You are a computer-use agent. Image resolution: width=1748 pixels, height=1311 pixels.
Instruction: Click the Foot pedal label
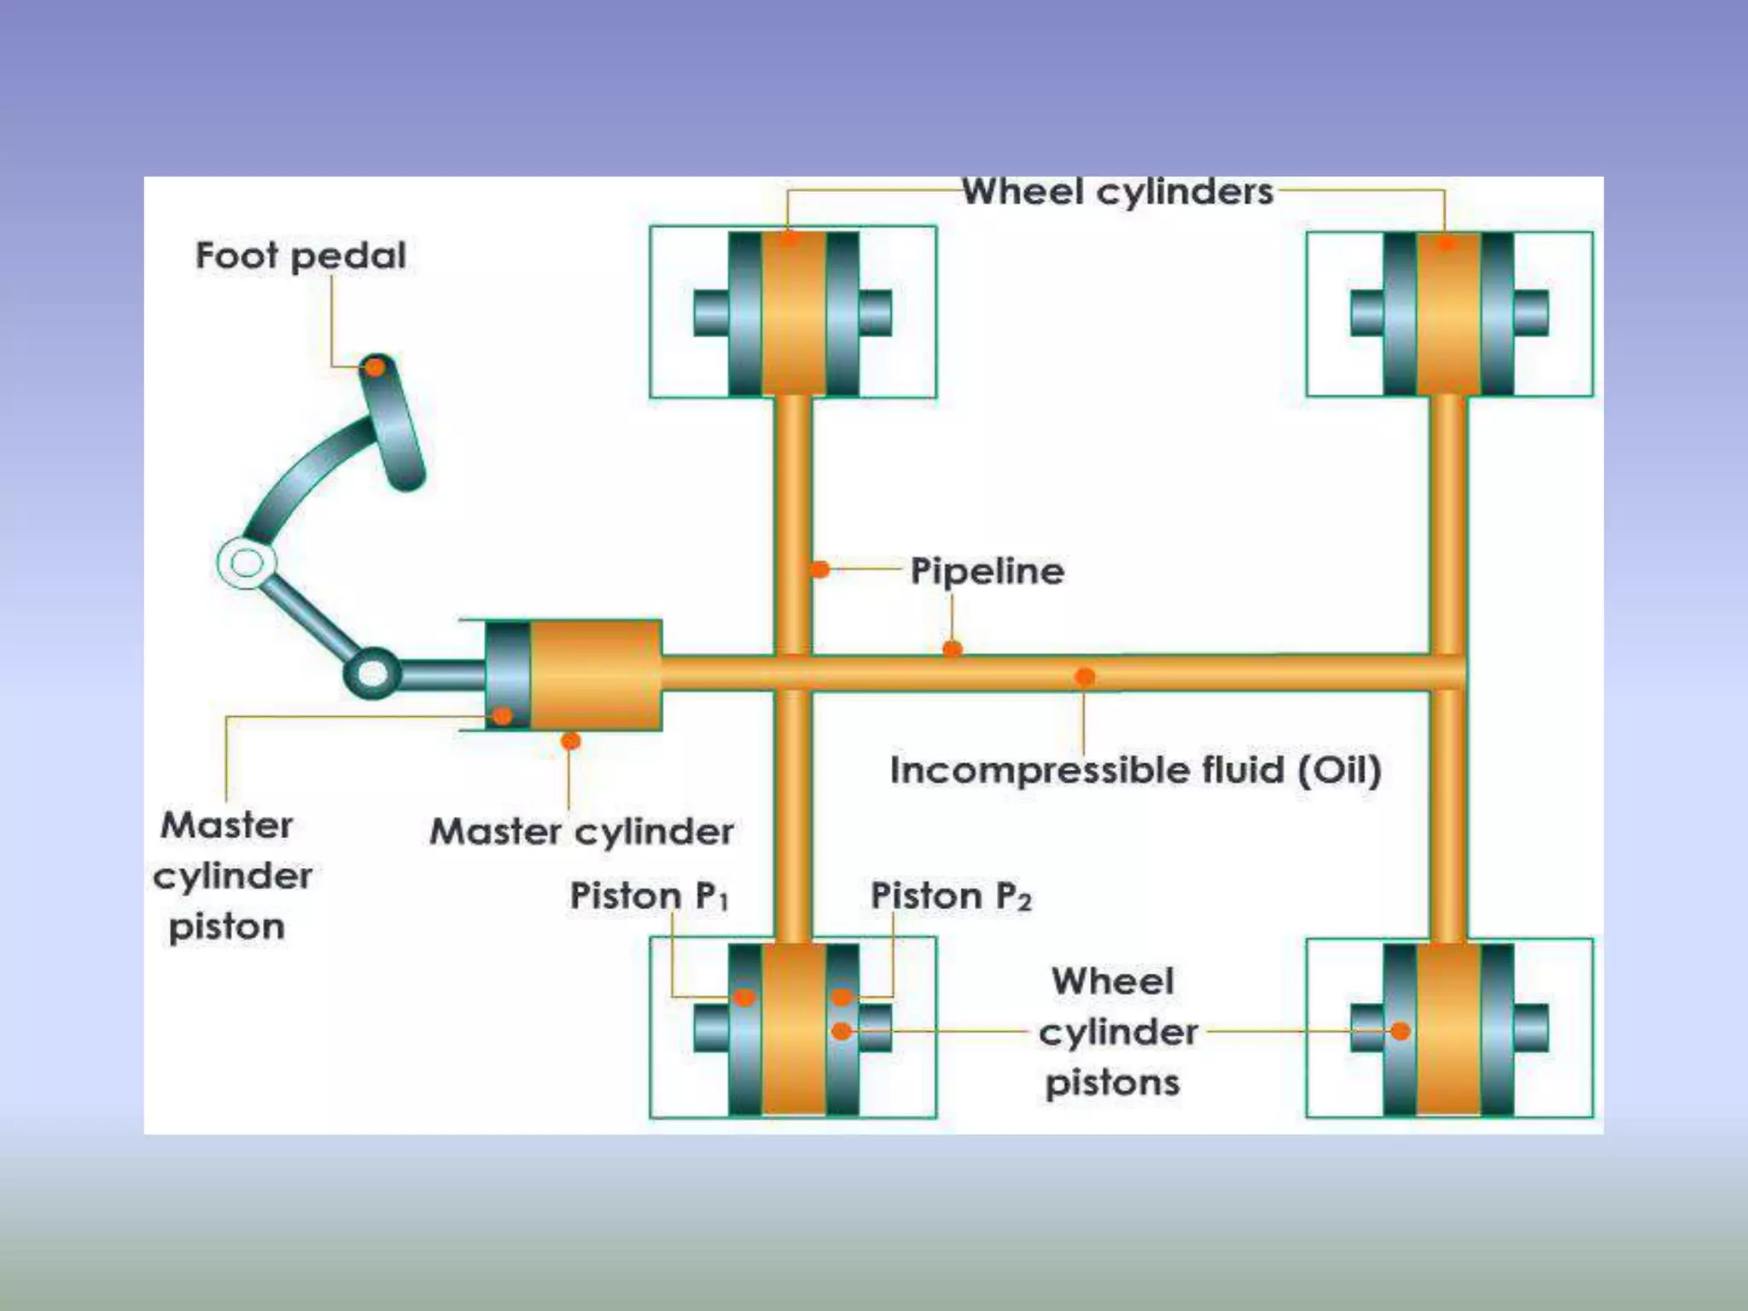pos(300,255)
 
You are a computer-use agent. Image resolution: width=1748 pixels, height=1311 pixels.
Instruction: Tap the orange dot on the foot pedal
pos(375,367)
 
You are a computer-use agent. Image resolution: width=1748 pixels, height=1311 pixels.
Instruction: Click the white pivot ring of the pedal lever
pos(247,563)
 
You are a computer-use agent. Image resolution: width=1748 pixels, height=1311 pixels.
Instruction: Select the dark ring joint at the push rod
pos(372,673)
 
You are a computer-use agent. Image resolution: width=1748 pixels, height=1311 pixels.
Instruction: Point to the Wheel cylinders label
pos(1117,191)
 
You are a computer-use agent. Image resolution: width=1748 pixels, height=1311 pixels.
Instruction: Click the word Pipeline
pos(988,570)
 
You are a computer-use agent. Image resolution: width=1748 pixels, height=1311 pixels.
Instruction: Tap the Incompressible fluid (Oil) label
pos(1135,769)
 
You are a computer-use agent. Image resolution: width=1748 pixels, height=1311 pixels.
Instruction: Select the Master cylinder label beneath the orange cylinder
pos(581,830)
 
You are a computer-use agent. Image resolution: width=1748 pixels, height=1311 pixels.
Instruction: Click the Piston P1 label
pos(650,895)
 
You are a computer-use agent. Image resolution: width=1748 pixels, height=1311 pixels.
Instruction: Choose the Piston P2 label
pos(951,895)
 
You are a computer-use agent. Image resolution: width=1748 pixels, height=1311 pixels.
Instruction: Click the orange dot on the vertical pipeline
pos(819,568)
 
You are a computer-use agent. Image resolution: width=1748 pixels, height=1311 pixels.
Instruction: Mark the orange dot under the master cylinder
pos(571,741)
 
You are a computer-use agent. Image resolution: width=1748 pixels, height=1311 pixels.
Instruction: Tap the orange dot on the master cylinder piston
pos(503,715)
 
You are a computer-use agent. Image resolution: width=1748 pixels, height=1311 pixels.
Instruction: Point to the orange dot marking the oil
pos(1084,677)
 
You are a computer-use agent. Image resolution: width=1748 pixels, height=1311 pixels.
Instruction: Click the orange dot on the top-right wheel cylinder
pos(1445,243)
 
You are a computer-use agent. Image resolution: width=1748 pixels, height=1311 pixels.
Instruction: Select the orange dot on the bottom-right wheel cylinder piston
pos(1400,1031)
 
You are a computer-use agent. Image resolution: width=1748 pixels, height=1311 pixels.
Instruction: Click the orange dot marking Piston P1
pos(744,997)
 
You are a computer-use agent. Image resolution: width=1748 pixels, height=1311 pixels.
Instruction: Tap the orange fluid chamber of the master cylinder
pos(596,674)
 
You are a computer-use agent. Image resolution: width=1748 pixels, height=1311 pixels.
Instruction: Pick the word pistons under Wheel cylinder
pos(1112,1082)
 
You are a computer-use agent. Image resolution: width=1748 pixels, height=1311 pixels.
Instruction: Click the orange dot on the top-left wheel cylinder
pos(790,238)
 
